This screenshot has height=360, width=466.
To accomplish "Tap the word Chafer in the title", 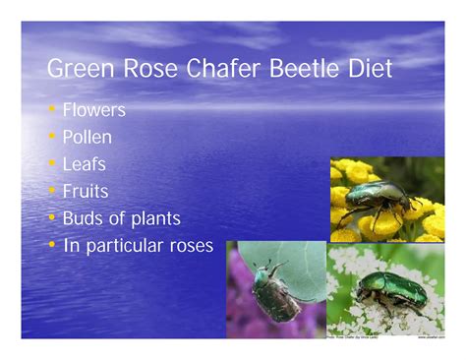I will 204,70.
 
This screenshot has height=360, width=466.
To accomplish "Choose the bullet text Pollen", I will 87,137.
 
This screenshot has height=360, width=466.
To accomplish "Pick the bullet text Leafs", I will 86,164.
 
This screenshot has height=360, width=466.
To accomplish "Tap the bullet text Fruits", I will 86,191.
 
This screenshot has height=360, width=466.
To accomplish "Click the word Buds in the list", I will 84,218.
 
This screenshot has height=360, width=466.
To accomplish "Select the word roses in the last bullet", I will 189,246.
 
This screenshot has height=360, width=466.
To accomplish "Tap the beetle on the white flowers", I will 390,291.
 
